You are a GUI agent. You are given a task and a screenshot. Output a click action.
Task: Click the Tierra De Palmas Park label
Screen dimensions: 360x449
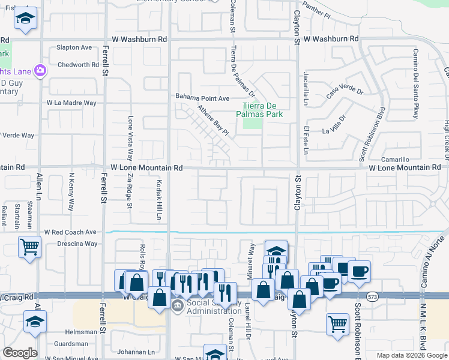(262, 107)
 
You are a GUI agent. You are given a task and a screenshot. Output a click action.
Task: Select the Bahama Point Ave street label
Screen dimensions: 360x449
(202, 98)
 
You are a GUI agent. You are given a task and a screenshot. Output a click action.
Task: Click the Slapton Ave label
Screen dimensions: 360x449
(74, 47)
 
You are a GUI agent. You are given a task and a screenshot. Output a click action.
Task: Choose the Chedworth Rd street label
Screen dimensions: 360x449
(78, 65)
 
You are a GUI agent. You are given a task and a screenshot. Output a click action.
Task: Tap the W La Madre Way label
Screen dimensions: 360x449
(71, 103)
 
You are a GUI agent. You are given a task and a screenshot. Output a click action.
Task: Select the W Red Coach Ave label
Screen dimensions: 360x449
(70, 232)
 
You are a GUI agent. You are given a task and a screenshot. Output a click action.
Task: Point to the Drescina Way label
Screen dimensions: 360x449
(77, 244)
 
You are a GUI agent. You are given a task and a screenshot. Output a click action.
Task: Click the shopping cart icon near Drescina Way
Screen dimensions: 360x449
(29, 247)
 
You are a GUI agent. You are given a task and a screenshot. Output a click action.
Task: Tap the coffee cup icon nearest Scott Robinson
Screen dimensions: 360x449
(359, 271)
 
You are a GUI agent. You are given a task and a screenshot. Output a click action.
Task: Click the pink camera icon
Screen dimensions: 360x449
(40, 71)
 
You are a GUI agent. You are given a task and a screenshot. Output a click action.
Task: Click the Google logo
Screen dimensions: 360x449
(20, 352)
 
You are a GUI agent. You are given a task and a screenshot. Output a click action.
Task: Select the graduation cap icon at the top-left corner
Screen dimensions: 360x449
(25, 19)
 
